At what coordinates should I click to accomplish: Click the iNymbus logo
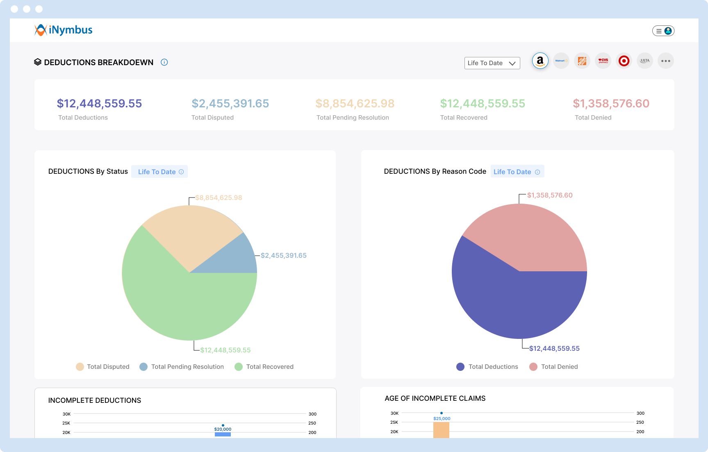pos(64,30)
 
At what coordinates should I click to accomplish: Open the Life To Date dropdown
pos(492,63)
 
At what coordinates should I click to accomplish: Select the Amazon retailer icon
pos(540,61)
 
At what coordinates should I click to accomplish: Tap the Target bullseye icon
pos(624,61)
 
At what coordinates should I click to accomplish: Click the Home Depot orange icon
pos(582,61)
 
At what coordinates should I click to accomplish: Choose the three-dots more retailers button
pos(665,61)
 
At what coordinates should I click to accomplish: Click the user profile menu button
pos(663,31)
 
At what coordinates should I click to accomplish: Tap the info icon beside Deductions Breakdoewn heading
pos(164,62)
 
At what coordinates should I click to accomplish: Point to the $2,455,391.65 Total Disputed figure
pos(230,104)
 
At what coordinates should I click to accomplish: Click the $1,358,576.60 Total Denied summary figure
pos(611,104)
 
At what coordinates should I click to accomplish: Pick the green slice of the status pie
pos(176,303)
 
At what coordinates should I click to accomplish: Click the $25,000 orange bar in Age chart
pos(441,430)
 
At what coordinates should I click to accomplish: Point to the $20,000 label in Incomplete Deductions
pos(223,429)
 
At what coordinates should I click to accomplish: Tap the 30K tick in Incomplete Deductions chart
pos(66,414)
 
